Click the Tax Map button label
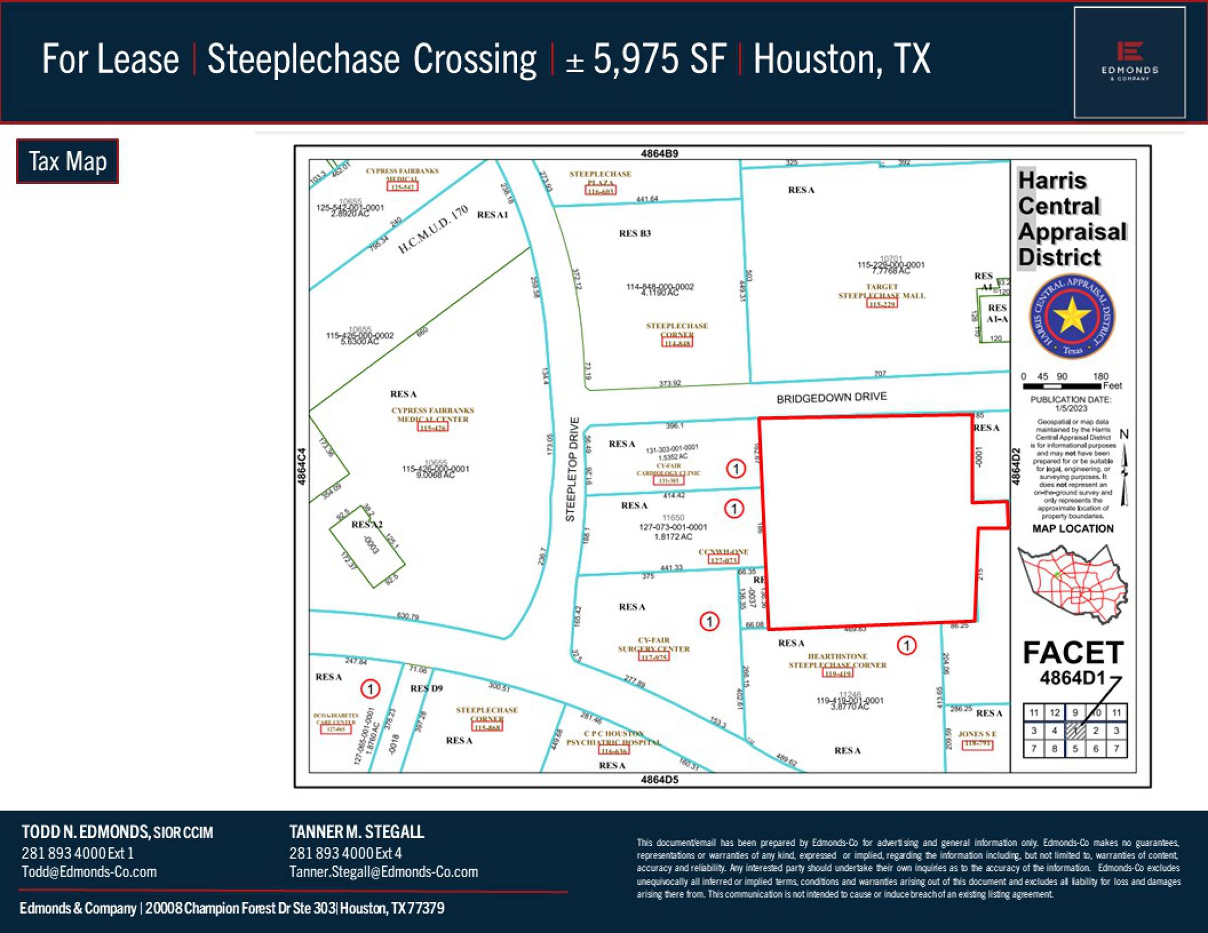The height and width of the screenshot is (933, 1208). (x=68, y=161)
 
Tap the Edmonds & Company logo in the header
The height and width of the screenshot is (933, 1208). (x=1130, y=63)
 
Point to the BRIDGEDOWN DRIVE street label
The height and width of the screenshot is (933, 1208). (x=831, y=397)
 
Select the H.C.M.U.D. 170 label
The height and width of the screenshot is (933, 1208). (x=433, y=230)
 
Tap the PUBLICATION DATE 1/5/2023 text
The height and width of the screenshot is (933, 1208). (x=1071, y=404)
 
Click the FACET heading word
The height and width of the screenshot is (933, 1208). (x=1073, y=653)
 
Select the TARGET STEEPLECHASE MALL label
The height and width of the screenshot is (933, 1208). (x=882, y=291)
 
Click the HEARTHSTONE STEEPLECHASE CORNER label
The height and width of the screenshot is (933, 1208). (x=837, y=661)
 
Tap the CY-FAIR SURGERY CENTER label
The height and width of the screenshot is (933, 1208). (x=654, y=645)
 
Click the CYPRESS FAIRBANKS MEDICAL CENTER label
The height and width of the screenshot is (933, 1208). (x=433, y=415)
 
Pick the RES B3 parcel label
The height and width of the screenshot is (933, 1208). (x=634, y=233)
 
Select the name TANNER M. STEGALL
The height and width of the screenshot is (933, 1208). (x=357, y=832)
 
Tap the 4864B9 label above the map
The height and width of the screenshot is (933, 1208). (x=659, y=153)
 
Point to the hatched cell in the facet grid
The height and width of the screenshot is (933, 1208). (x=1075, y=731)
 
